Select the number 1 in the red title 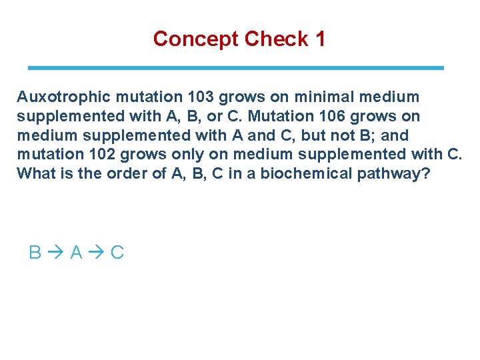320,39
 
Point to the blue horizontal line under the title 235,68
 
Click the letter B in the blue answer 35,253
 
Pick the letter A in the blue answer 76,253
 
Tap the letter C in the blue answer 117,253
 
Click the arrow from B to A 55,253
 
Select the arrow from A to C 97,253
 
